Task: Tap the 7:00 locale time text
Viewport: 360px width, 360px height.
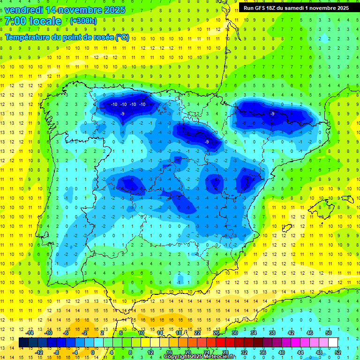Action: (x=33, y=21)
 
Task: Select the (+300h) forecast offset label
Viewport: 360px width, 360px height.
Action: (x=83, y=21)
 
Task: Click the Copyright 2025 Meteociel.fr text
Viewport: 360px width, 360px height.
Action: (x=199, y=357)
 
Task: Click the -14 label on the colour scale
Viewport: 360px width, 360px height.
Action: (x=30, y=333)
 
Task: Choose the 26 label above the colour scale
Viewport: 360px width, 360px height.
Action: (x=216, y=333)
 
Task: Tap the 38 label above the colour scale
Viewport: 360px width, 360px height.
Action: (x=272, y=333)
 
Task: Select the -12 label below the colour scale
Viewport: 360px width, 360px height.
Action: (x=39, y=352)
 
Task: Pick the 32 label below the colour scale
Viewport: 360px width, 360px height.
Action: (x=244, y=352)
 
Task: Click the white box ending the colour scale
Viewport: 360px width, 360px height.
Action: (x=333, y=342)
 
